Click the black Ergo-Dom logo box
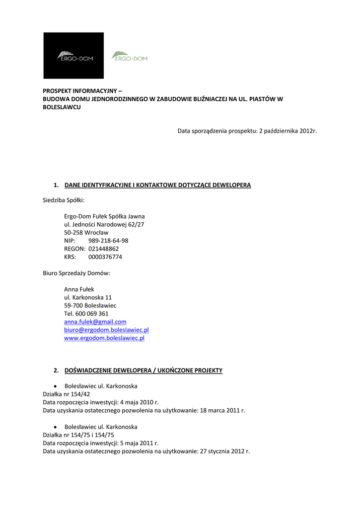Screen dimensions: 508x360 click(73, 56)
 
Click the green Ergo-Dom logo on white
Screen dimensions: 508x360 click(130, 56)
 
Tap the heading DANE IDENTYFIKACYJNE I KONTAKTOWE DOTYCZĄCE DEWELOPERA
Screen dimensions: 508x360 click(157, 185)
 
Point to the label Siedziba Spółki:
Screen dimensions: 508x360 click(64, 200)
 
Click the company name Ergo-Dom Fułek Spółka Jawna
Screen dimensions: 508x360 click(104, 216)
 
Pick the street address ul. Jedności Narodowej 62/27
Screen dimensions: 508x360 click(104, 224)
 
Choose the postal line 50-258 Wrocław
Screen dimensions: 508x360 click(86, 232)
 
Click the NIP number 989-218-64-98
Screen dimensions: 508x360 click(108, 241)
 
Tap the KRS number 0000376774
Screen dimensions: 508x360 click(105, 257)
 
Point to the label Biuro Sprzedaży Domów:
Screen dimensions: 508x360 click(76, 273)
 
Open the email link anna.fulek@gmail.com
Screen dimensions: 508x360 click(95, 321)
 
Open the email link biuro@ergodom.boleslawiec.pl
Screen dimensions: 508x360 click(106, 329)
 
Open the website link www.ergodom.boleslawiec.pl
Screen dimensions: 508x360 click(104, 338)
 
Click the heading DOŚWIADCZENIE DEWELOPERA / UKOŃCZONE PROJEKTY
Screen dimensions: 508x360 click(143, 370)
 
